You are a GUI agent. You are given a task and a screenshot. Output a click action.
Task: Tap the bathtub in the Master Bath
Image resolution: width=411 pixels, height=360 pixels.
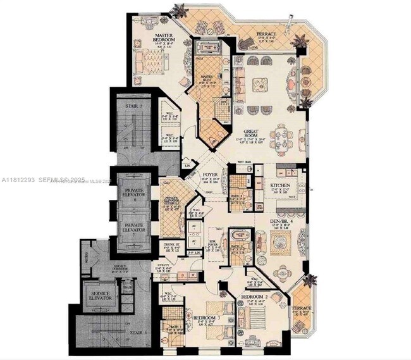pyautogui.click(x=207, y=50)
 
